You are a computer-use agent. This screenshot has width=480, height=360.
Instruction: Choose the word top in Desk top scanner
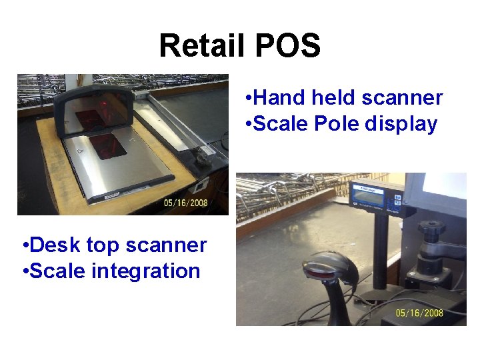pyautogui.click(x=103, y=246)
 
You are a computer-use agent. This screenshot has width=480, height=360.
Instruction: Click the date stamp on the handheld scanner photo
pyautogui.click(x=419, y=313)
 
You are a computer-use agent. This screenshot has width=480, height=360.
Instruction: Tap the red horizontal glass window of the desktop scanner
pyautogui.click(x=107, y=145)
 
